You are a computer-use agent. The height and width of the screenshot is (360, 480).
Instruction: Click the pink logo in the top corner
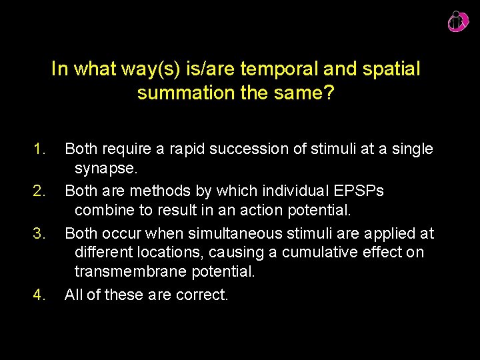[x=457, y=21]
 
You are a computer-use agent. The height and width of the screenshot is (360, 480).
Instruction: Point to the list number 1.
[x=39, y=149]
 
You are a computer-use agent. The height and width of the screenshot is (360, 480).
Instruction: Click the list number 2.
[x=39, y=191]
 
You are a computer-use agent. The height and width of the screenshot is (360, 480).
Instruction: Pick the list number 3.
[x=39, y=234]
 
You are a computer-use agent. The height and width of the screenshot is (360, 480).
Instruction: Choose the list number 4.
[x=39, y=294]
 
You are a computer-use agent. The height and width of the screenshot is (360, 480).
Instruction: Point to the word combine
[x=103, y=210]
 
